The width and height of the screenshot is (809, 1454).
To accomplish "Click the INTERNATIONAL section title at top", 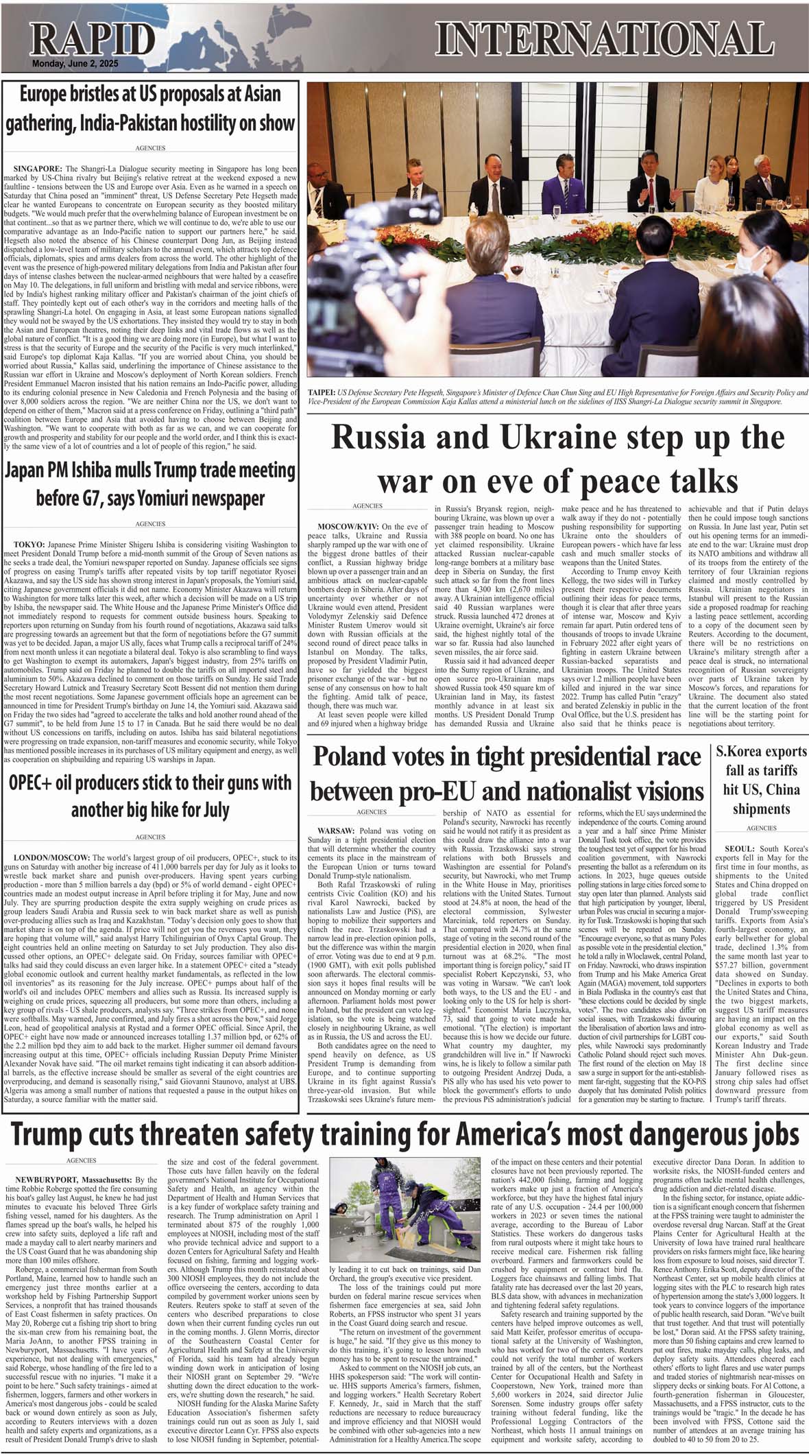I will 604,38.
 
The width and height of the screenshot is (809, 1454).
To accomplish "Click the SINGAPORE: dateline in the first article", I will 38,168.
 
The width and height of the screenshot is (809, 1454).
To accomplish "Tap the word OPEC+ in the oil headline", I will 36,783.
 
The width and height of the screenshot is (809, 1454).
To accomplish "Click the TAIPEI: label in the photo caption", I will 322,392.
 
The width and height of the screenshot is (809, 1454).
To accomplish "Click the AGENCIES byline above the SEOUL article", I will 761,828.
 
